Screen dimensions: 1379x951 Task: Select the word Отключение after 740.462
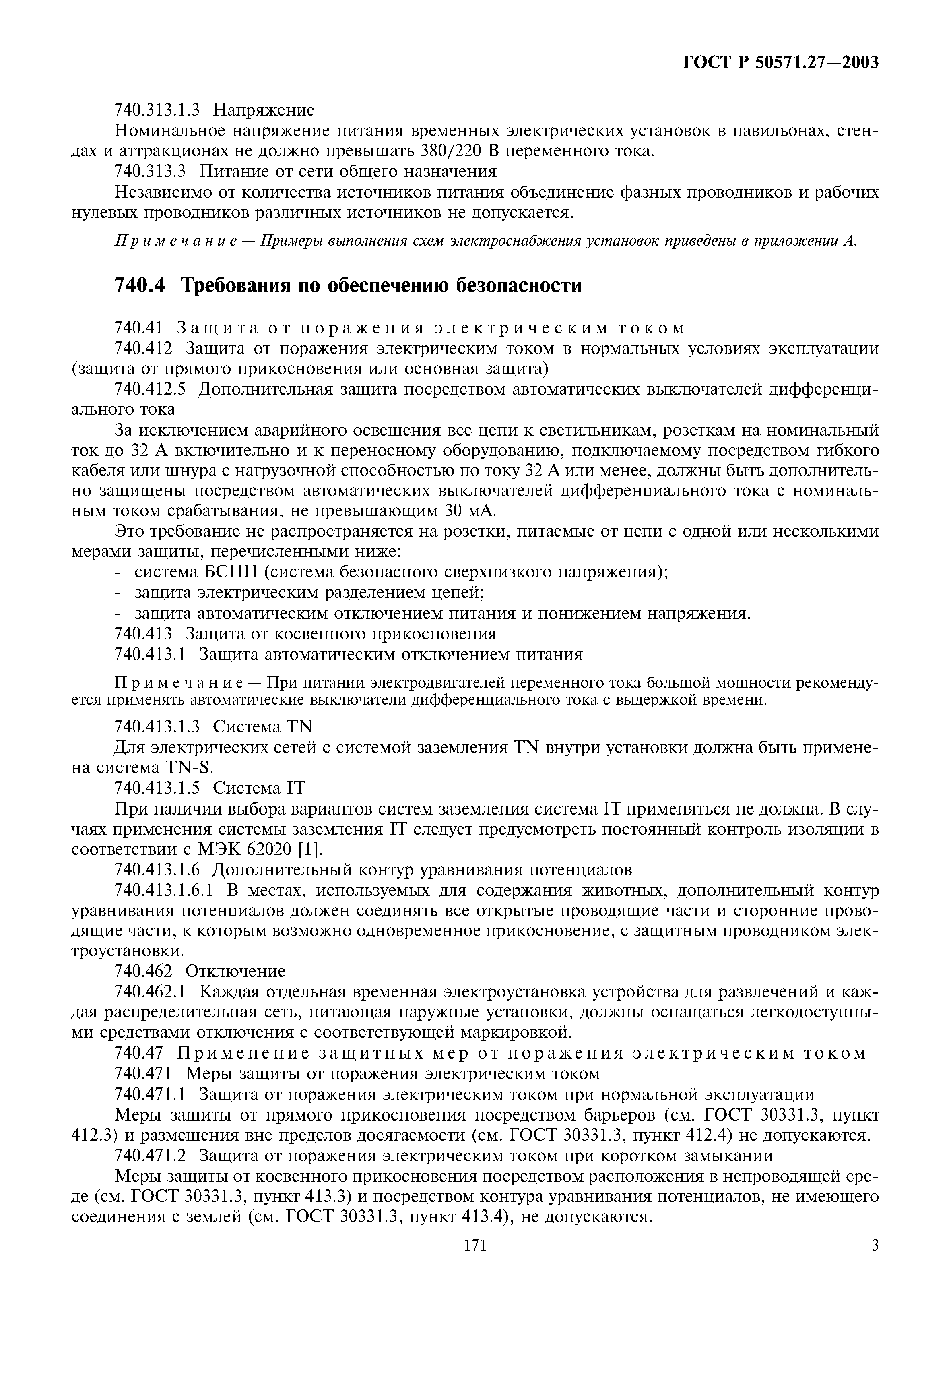tap(235, 972)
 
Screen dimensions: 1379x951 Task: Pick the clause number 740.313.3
tap(150, 172)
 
